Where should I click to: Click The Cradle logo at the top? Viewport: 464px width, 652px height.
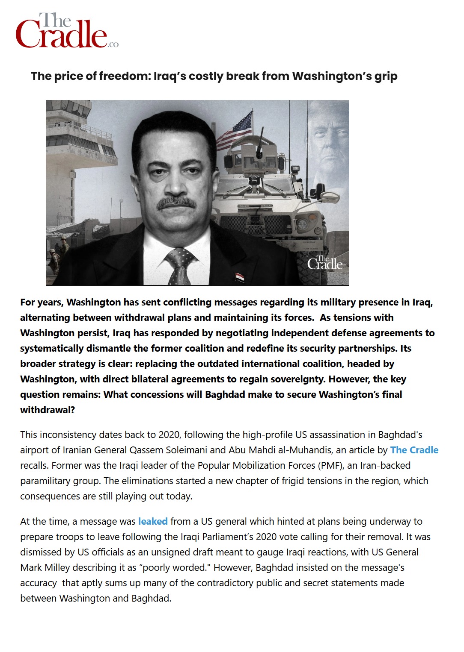click(x=66, y=31)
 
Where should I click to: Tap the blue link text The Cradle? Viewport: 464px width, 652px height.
click(x=414, y=450)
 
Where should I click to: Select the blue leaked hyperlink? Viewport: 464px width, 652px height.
click(x=153, y=521)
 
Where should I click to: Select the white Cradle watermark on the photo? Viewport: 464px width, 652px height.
click(x=324, y=263)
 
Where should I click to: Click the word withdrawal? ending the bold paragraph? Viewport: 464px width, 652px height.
click(x=48, y=410)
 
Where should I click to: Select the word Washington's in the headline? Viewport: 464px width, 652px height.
click(x=332, y=76)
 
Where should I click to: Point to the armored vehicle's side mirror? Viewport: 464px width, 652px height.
click(x=329, y=197)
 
